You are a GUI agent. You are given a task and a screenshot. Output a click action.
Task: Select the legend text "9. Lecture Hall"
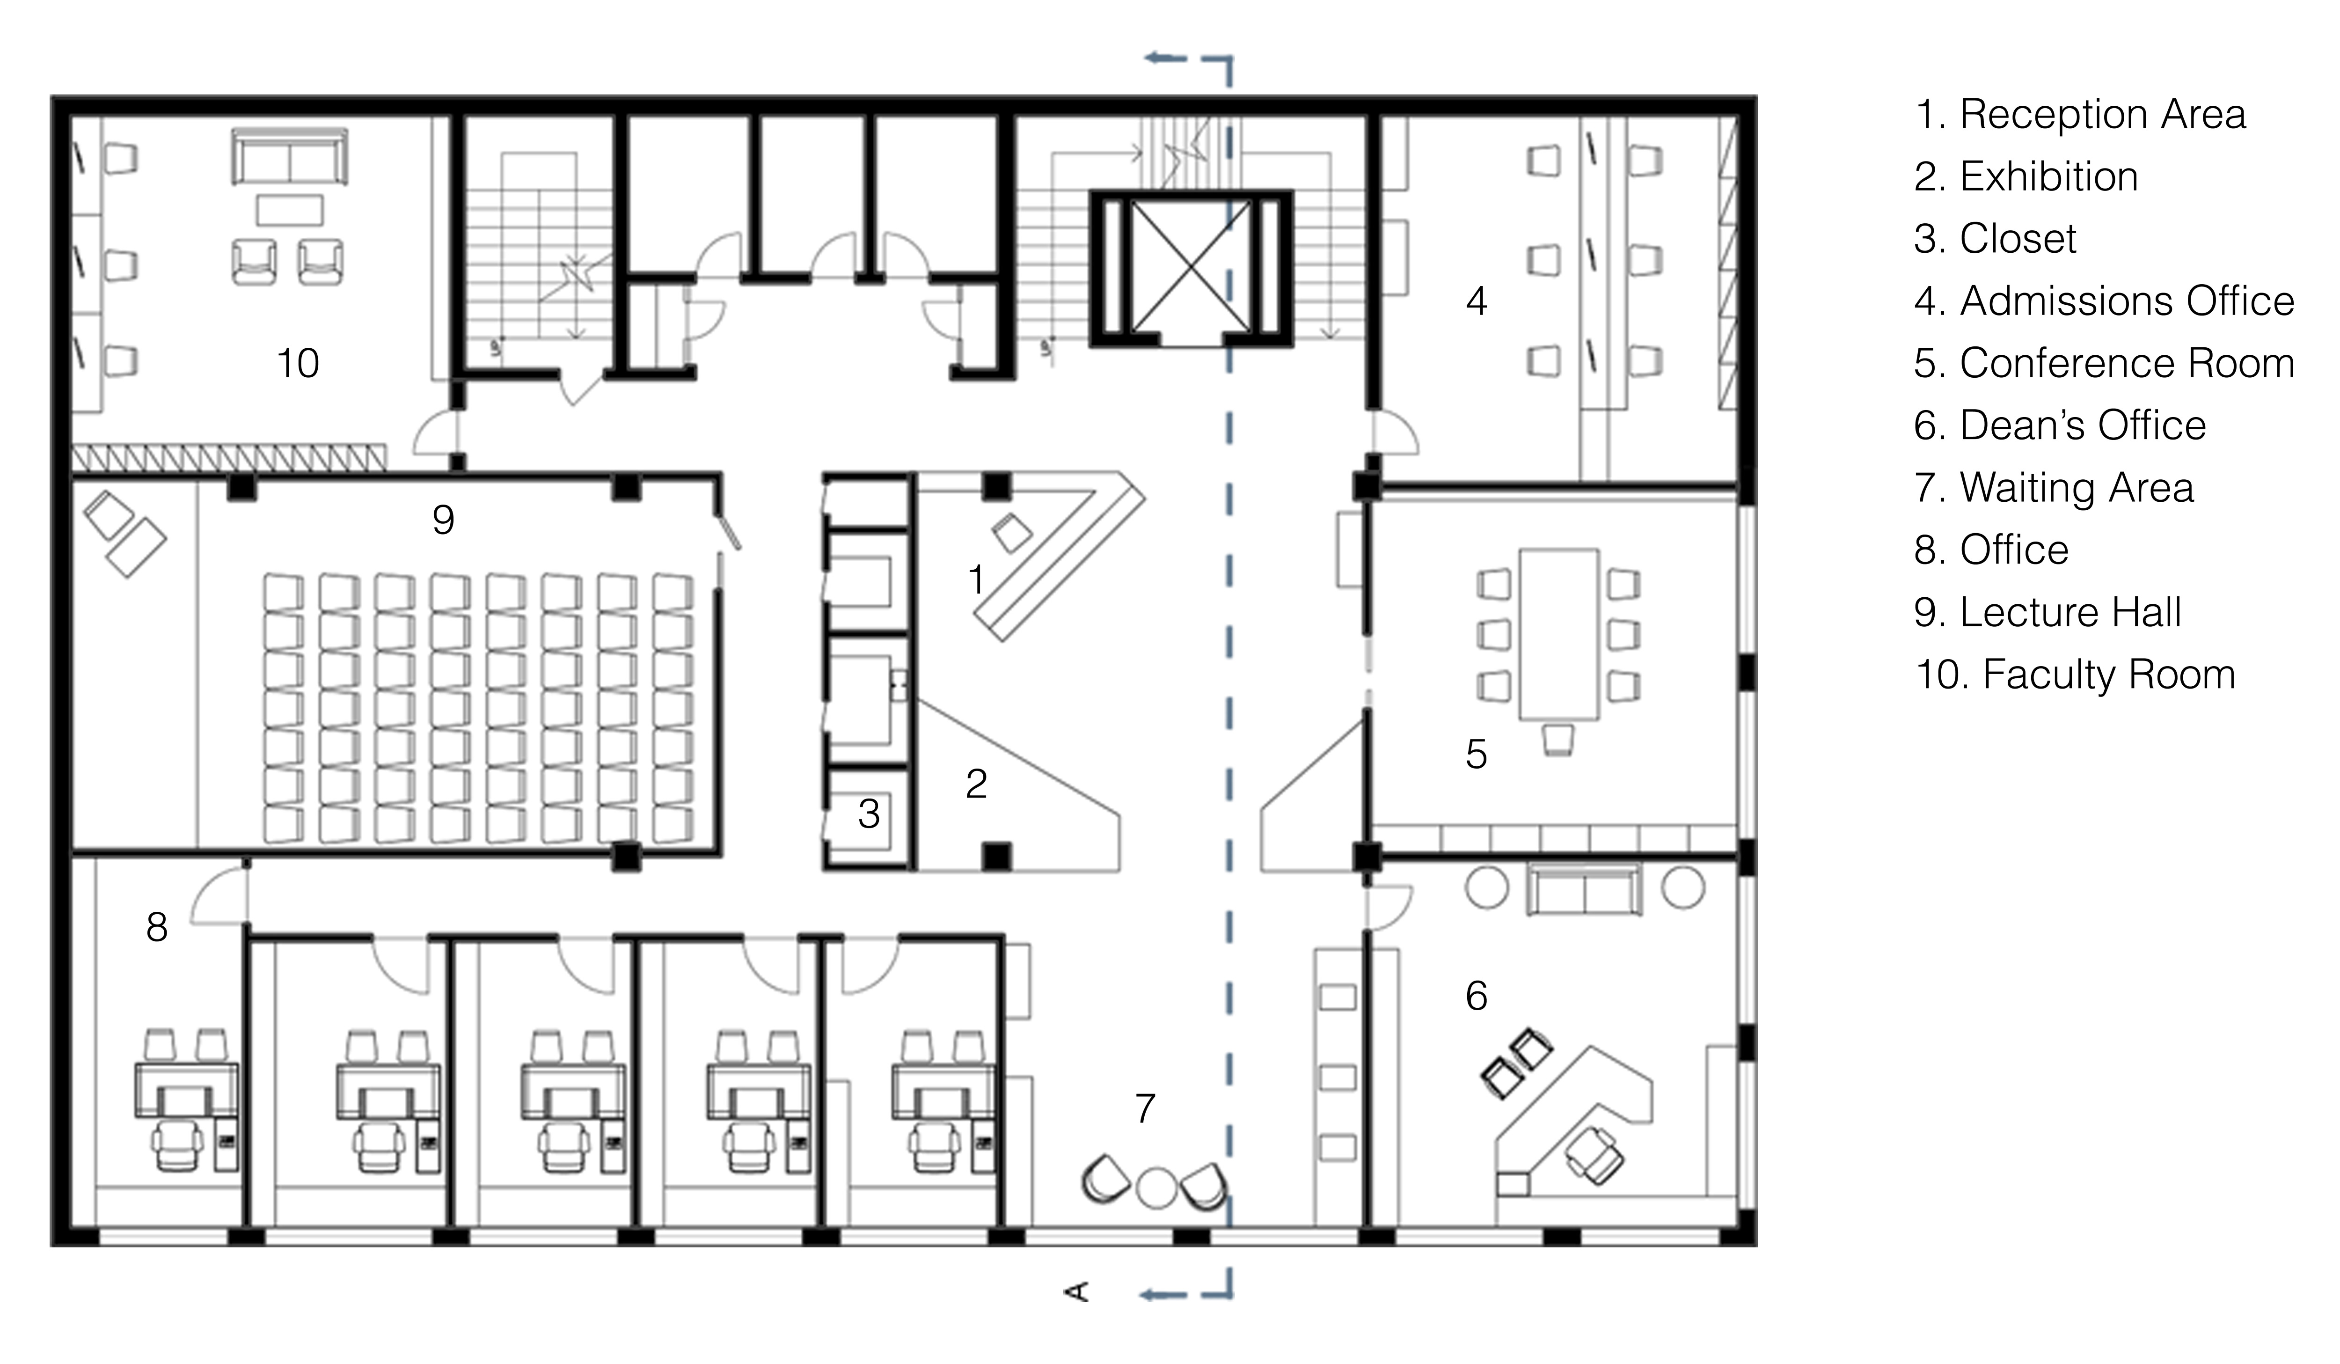[x=2048, y=612]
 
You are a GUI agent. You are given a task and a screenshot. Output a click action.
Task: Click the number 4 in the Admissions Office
[x=1477, y=301]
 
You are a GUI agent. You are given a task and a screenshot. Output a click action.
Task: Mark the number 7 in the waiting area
[x=1145, y=1108]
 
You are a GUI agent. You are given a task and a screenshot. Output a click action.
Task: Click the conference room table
[x=1559, y=634]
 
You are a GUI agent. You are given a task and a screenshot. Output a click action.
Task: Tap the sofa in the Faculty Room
[x=290, y=156]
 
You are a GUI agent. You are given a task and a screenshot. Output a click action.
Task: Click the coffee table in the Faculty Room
[x=290, y=210]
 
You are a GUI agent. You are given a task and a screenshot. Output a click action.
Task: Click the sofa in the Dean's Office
[x=1584, y=889]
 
